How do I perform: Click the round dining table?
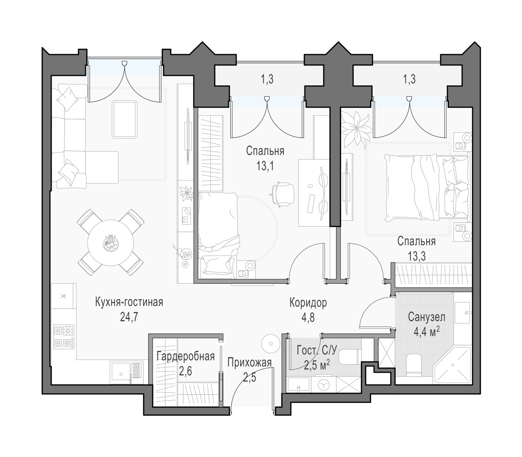coord(110,243)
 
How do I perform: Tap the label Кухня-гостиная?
coord(129,302)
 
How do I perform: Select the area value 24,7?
coord(129,317)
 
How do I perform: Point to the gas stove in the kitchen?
coord(64,337)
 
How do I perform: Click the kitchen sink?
coord(127,372)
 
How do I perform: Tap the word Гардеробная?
coord(185,356)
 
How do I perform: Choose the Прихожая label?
coord(250,362)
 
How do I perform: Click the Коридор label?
coord(308,303)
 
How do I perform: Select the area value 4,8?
coord(308,318)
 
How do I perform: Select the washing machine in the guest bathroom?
coord(323,385)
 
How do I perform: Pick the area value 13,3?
coord(416,257)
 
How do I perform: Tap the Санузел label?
coord(427,317)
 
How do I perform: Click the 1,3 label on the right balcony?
coord(409,79)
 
